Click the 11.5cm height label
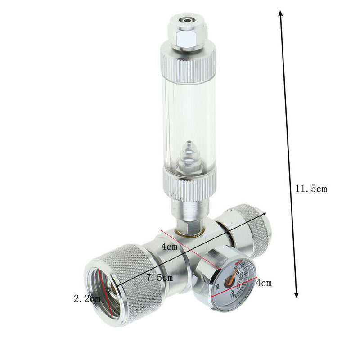click(x=311, y=189)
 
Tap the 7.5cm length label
click(x=160, y=278)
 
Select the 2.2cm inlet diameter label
click(x=86, y=298)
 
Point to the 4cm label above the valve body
click(x=169, y=246)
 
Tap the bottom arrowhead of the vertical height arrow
click(x=296, y=294)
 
